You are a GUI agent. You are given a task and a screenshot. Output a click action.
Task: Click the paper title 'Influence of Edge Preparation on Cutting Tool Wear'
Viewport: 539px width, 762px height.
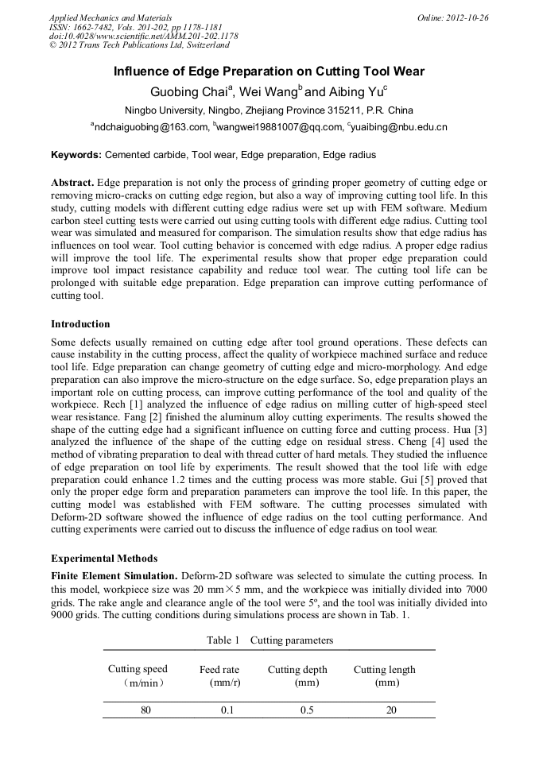[x=269, y=72]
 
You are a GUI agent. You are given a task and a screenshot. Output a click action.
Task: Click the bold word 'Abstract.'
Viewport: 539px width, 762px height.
[x=73, y=182]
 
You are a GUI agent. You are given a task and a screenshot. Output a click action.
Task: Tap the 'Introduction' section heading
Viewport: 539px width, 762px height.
[x=80, y=324]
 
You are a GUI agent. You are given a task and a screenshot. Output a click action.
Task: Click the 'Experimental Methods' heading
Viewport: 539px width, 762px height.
[x=104, y=558]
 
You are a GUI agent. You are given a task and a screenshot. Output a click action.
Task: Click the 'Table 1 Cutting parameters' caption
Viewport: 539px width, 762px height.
[x=269, y=640]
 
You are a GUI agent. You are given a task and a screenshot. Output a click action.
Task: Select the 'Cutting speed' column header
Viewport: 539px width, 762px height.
[x=138, y=670]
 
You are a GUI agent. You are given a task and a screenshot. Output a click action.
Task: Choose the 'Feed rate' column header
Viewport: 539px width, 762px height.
[x=219, y=670]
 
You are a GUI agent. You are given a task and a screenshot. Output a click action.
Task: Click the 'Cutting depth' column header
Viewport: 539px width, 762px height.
[x=297, y=670]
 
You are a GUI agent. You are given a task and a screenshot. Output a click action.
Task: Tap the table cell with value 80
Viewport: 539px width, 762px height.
[x=145, y=710]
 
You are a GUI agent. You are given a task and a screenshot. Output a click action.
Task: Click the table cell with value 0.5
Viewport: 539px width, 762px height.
[x=307, y=710]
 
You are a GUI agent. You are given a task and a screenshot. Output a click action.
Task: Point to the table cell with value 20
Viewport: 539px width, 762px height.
[x=391, y=710]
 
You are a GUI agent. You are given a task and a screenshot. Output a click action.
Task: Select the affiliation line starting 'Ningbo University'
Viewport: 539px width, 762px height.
[x=269, y=110]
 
